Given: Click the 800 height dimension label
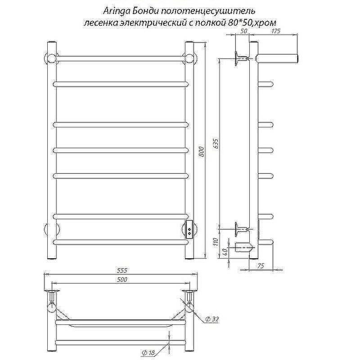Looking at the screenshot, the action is click(201, 151).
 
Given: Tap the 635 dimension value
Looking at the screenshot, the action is click(216, 144).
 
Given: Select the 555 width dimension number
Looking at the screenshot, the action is click(121, 270).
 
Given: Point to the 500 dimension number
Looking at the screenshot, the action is click(121, 279).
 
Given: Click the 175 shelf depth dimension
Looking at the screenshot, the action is click(276, 31).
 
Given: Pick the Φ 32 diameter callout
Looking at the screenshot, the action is click(212, 319).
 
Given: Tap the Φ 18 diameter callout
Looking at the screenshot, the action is click(148, 352).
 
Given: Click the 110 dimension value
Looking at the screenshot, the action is click(216, 242).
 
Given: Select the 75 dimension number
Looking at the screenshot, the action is click(261, 265).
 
